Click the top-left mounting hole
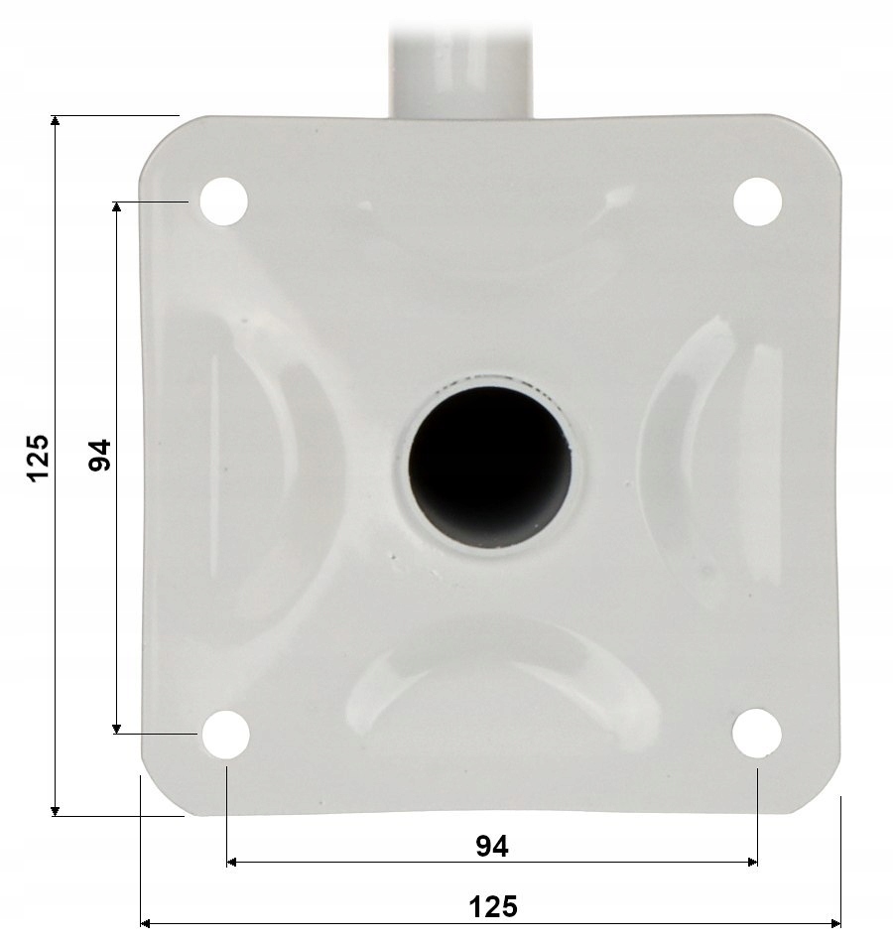click(x=223, y=202)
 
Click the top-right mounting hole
click(x=757, y=202)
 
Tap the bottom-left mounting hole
click(x=225, y=735)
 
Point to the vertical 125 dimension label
click(x=38, y=458)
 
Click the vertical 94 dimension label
click(x=99, y=455)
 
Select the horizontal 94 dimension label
click(x=491, y=846)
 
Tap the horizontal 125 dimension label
click(x=492, y=906)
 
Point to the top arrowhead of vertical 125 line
click(x=56, y=119)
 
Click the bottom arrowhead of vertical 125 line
click(x=56, y=811)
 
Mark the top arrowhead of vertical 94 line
click(x=117, y=205)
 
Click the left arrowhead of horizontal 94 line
click(x=232, y=863)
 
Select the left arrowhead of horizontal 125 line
click(x=145, y=924)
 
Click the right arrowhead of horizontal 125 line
click(x=836, y=924)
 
